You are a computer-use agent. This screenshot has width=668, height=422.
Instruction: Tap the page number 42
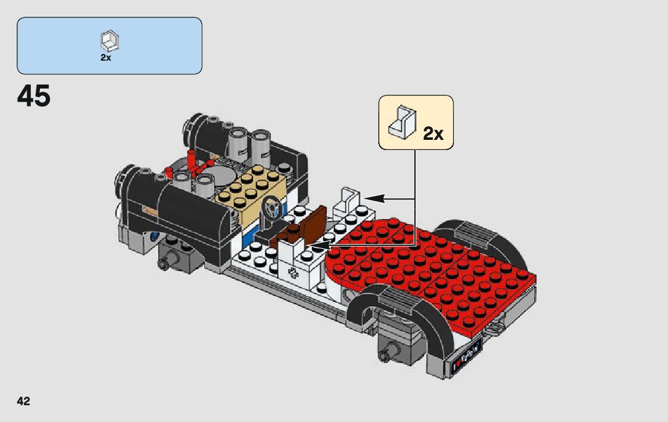(x=23, y=401)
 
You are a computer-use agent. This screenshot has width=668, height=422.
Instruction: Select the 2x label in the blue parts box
(x=106, y=58)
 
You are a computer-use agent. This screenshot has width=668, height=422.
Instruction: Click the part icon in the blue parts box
(x=109, y=41)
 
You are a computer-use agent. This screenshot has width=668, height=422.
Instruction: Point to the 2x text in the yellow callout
(x=433, y=134)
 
